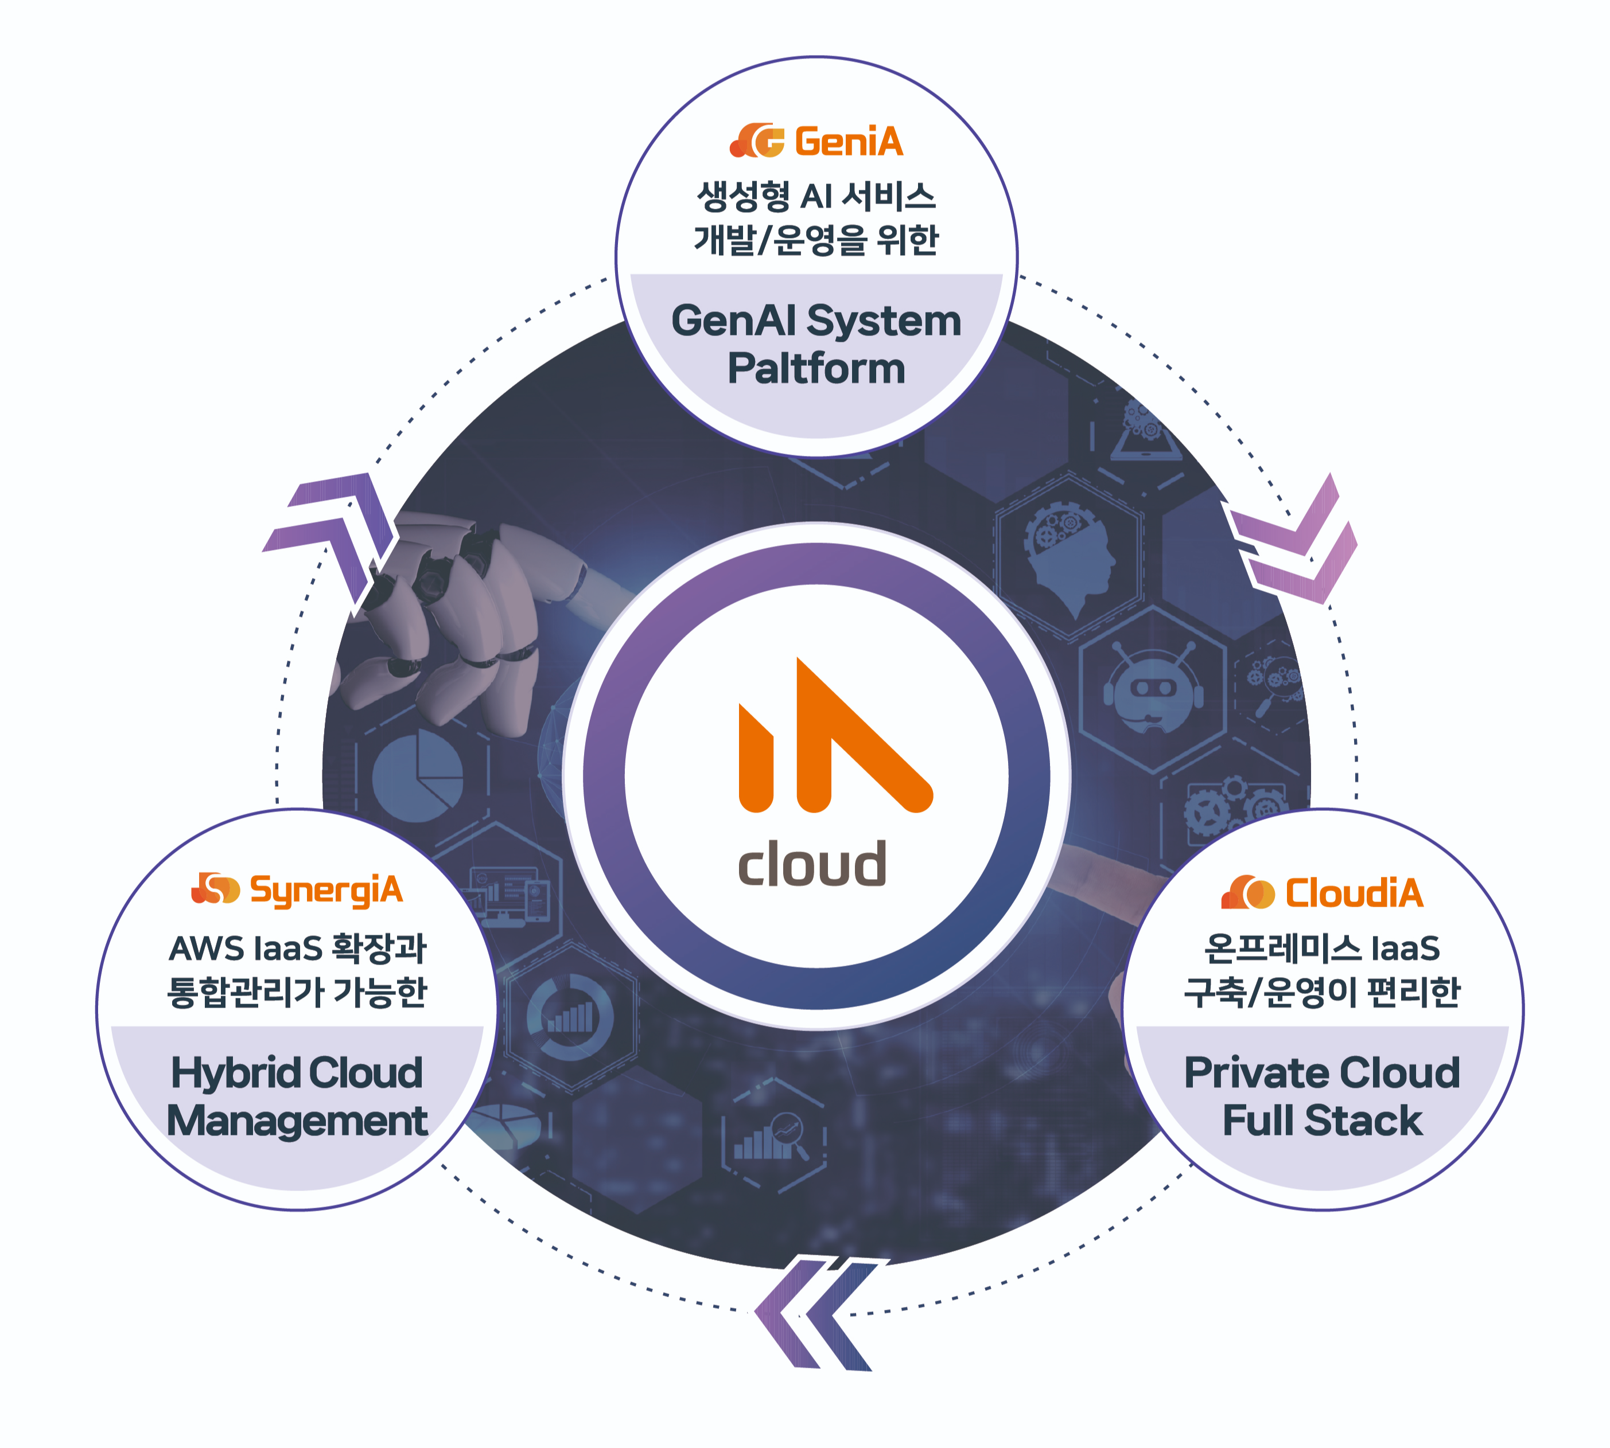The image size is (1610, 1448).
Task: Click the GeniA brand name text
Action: coord(849,142)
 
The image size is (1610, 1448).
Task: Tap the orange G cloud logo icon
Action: coord(757,141)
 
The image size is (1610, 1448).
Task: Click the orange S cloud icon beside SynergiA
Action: coord(215,889)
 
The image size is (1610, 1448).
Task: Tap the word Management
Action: coord(297,1121)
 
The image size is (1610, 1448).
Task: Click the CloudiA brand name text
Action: coord(1354,893)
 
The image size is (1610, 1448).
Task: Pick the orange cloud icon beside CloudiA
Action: coord(1248,893)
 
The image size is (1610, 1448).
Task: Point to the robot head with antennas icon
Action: coord(1152,688)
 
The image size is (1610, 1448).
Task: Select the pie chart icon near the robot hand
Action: coord(418,776)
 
